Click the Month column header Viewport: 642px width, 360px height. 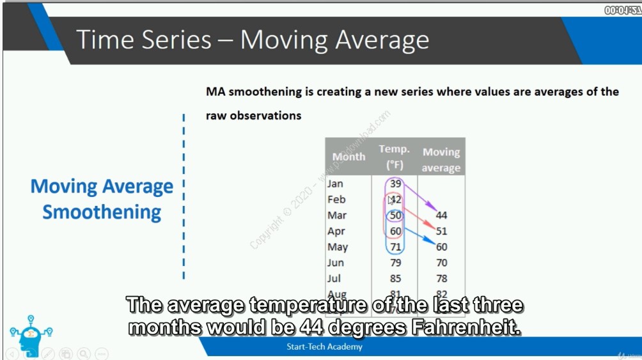tap(348, 157)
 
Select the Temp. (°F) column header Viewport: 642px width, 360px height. tap(394, 157)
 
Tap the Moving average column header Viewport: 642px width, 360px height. tap(441, 160)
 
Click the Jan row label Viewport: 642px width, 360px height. tap(335, 184)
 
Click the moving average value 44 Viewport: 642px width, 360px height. tap(441, 215)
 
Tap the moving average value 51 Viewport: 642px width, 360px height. tap(441, 231)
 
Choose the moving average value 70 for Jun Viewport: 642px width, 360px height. tap(441, 263)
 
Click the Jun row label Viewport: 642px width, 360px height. tap(335, 263)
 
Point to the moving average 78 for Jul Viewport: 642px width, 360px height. tap(441, 278)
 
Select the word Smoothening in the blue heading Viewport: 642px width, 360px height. tap(102, 212)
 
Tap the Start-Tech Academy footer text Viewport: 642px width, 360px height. tap(324, 347)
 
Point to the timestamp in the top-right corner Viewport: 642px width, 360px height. tap(622, 10)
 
